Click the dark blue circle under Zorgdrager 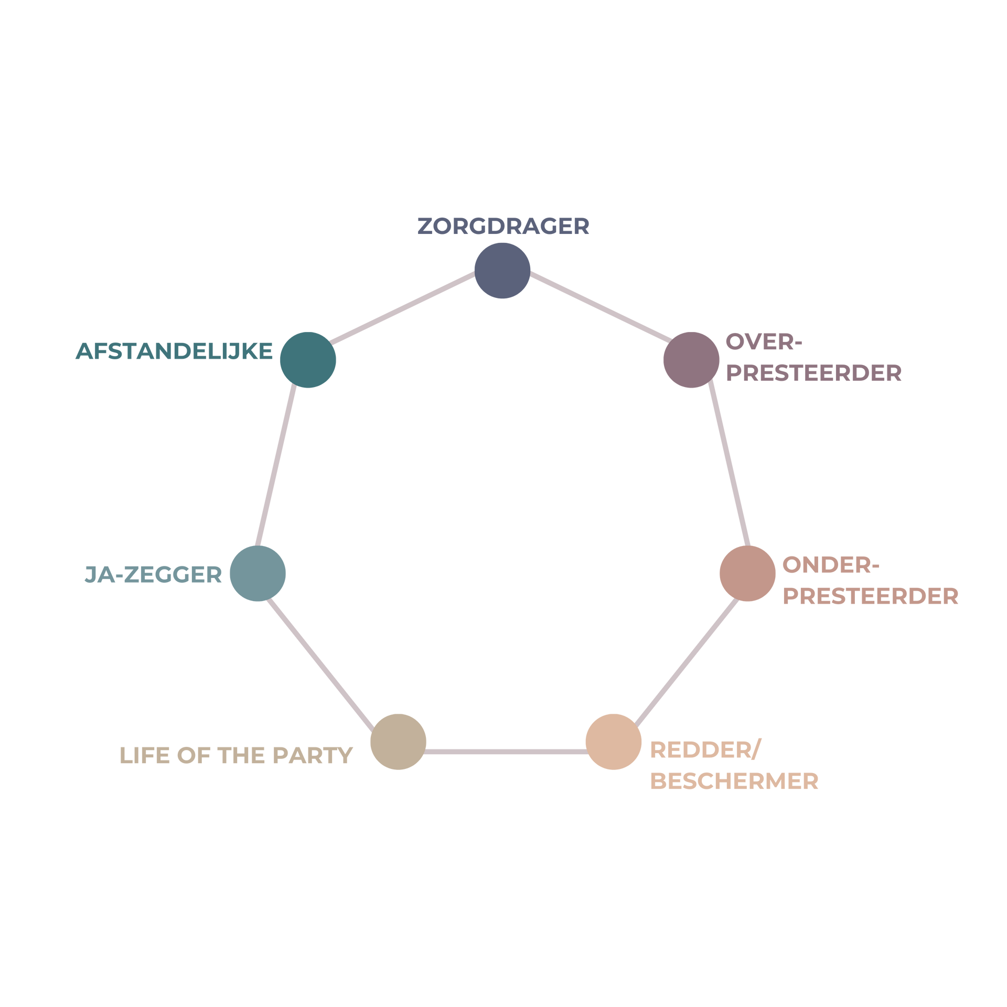[502, 271]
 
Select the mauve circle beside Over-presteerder [691, 360]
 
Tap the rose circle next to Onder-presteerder [747, 573]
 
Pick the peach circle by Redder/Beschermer [614, 742]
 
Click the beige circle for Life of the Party [398, 742]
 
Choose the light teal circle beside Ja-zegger [258, 573]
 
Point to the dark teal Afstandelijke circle [308, 360]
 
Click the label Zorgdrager [503, 227]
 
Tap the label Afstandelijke [174, 351]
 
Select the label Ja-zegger [153, 574]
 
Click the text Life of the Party [236, 755]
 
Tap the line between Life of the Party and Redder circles [506, 752]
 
